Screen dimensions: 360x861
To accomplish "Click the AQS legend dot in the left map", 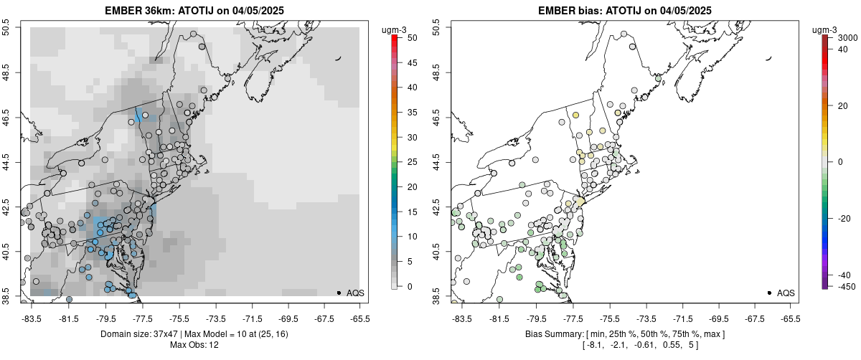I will coord(339,293).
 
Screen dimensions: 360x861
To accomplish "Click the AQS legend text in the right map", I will coord(786,293).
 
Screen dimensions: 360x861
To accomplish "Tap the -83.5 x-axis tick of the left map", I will coord(32,318).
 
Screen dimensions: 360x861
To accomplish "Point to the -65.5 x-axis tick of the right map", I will coord(790,318).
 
